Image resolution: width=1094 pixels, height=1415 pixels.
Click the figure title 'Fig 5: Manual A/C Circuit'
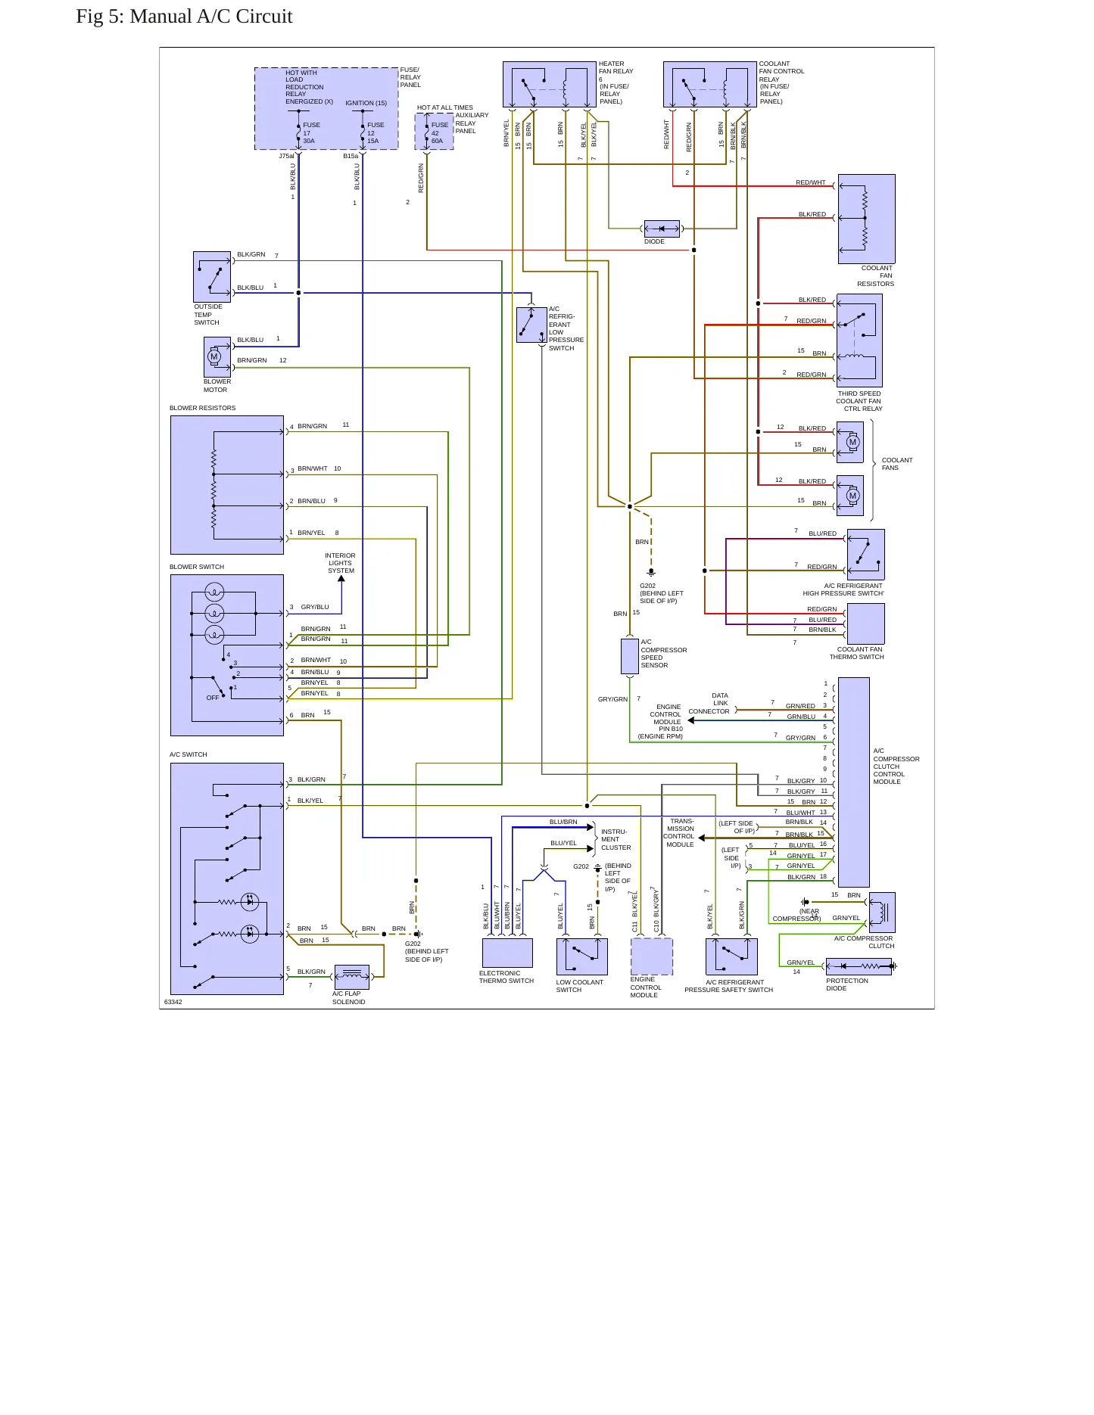[x=184, y=17]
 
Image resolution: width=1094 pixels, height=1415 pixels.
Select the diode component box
[x=662, y=229]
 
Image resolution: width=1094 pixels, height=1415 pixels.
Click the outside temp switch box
[x=212, y=277]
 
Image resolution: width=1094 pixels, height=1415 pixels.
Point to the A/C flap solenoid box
[x=351, y=977]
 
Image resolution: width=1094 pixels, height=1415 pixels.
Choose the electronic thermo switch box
[x=507, y=953]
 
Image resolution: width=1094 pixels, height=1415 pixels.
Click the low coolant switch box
[x=581, y=956]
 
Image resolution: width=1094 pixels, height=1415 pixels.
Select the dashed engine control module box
[x=652, y=956]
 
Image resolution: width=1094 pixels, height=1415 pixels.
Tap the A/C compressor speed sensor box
[x=630, y=656]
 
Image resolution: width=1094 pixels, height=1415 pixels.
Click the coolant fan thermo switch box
[x=865, y=624]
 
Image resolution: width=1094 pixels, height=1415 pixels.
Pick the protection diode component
[x=859, y=966]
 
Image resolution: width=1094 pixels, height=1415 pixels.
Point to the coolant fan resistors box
[x=866, y=219]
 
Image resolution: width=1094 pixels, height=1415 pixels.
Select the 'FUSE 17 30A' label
[x=311, y=133]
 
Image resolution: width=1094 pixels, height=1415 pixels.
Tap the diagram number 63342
[x=173, y=1002]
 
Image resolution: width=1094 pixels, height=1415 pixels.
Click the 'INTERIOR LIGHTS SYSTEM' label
[x=340, y=563]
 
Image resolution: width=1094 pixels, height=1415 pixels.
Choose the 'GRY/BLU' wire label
[x=315, y=607]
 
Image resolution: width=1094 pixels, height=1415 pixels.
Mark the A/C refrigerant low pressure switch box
[x=531, y=325]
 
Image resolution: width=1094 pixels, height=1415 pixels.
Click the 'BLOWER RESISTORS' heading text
[x=202, y=408]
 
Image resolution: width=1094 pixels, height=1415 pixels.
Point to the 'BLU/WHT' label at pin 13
[x=800, y=813]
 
